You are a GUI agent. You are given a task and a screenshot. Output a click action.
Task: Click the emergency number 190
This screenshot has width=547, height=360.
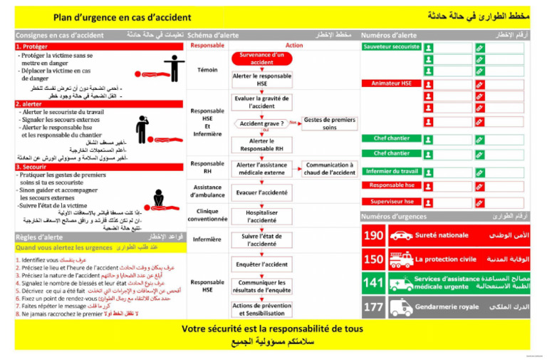click(373, 235)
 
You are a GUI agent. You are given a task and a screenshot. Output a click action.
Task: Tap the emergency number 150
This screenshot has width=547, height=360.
click(373, 259)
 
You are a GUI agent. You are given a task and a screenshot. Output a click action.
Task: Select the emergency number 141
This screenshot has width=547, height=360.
click(373, 283)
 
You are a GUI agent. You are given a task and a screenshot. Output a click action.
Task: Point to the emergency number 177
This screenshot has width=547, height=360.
click(373, 307)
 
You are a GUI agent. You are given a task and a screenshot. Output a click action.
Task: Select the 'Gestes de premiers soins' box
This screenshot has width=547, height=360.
click(330, 123)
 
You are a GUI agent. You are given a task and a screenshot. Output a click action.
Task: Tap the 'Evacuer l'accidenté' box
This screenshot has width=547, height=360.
click(261, 192)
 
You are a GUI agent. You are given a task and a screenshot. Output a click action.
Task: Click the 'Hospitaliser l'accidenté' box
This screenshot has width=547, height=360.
click(261, 216)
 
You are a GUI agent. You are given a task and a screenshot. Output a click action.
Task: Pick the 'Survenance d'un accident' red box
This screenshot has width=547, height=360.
click(261, 58)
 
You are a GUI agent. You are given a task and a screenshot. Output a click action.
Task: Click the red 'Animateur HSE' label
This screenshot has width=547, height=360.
click(392, 83)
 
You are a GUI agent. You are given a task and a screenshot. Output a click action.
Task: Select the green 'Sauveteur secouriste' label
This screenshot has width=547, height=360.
click(392, 46)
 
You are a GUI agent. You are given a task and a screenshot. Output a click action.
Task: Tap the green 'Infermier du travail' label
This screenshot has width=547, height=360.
click(392, 171)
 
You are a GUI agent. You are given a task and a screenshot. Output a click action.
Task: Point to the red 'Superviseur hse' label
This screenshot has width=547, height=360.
click(392, 202)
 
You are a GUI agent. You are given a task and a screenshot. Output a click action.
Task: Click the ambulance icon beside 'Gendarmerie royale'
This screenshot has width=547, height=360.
click(401, 307)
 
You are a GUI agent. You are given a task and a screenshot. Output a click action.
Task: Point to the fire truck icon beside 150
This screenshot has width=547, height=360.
click(401, 259)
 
